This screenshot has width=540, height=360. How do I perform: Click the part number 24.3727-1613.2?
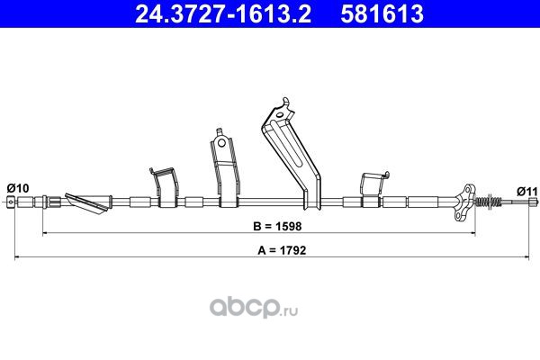(x=223, y=13)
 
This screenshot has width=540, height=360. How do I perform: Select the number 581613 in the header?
(x=382, y=13)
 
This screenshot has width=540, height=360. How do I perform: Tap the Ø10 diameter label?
(x=18, y=188)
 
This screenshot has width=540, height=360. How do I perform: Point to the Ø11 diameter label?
(x=526, y=191)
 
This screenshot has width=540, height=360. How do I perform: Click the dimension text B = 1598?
(x=277, y=226)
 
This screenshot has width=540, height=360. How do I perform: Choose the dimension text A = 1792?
(x=282, y=250)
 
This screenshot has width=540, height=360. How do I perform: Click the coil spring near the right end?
(x=489, y=201)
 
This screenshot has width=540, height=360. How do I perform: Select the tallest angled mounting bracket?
(x=293, y=154)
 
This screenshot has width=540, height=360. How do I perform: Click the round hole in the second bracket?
(x=221, y=142)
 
